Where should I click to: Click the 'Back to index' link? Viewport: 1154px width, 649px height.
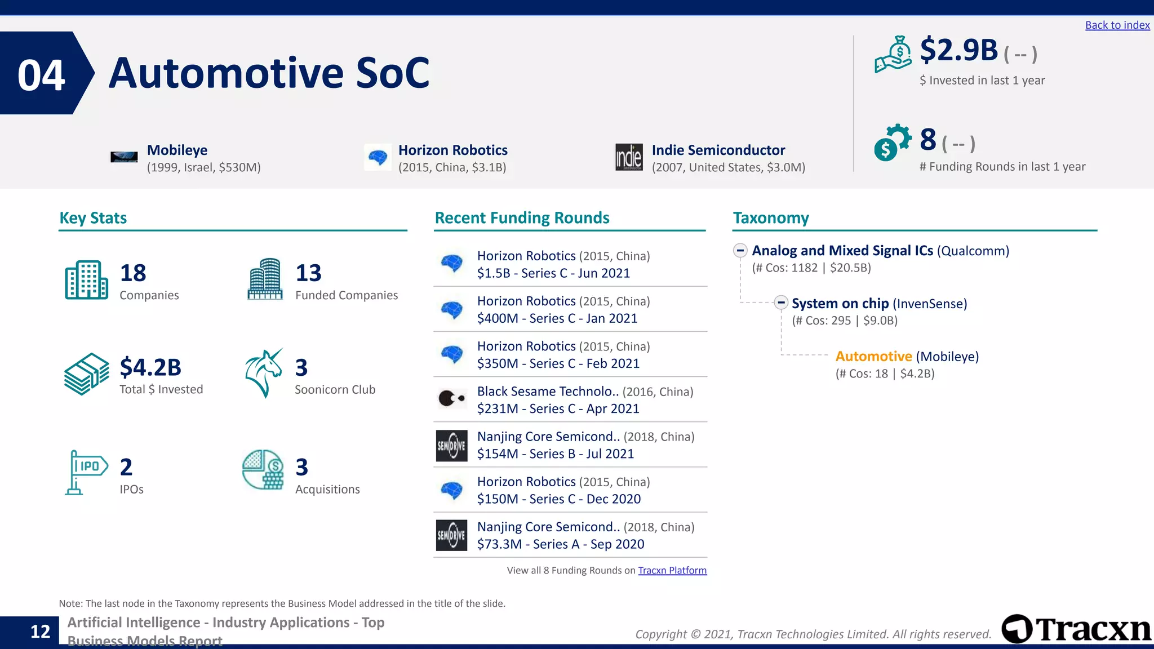pyautogui.click(x=1117, y=25)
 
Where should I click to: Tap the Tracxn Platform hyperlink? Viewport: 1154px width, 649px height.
pyautogui.click(x=672, y=570)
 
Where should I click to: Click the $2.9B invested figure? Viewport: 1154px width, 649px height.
pyautogui.click(x=958, y=50)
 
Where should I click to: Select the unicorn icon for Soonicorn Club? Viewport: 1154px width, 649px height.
pyautogui.click(x=264, y=373)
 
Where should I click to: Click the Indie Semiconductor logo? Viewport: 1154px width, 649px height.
pyautogui.click(x=629, y=157)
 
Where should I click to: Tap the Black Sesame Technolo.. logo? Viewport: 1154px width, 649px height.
pyautogui.click(x=451, y=399)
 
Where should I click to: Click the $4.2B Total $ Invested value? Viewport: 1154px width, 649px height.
pyautogui.click(x=150, y=367)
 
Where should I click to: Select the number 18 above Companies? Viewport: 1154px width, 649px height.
pyautogui.click(x=133, y=273)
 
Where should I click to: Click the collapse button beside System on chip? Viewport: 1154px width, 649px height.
pyautogui.click(x=780, y=303)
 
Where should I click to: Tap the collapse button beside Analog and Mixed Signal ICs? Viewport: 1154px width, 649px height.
pyautogui.click(x=740, y=250)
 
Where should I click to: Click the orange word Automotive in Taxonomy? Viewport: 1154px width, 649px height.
pyautogui.click(x=873, y=357)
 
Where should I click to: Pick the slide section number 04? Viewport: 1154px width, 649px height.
pyautogui.click(x=41, y=75)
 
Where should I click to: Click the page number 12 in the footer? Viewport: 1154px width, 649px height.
pyautogui.click(x=40, y=632)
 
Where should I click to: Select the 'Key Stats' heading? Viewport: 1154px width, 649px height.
pyautogui.click(x=93, y=218)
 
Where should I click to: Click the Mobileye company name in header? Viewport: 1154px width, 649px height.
pyautogui.click(x=177, y=150)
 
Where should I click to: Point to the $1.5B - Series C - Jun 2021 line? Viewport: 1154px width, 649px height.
pyautogui.click(x=553, y=273)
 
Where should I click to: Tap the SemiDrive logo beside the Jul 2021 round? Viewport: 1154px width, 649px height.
pyautogui.click(x=451, y=446)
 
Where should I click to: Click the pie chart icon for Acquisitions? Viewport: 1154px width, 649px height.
pyautogui.click(x=263, y=469)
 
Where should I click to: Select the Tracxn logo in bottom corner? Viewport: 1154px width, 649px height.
pyautogui.click(x=1076, y=629)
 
